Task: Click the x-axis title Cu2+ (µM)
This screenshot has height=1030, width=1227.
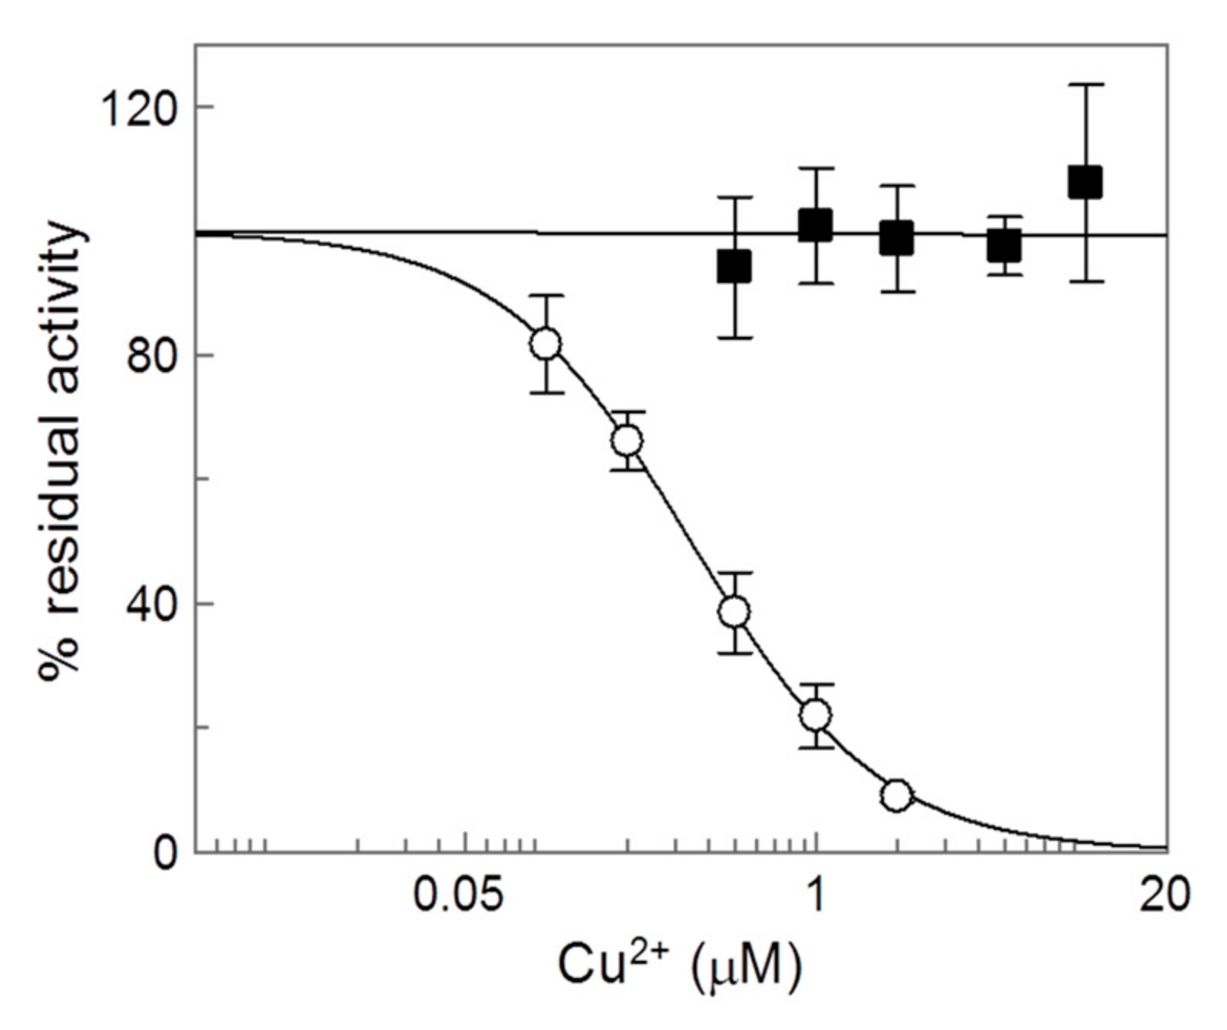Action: pyautogui.click(x=678, y=966)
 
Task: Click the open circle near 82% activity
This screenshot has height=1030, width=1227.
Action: pyautogui.click(x=545, y=344)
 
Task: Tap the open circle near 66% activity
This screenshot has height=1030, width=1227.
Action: pyautogui.click(x=627, y=441)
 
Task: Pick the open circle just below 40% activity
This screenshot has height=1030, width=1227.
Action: pyautogui.click(x=734, y=612)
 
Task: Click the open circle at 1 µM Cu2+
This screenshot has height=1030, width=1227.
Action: pyautogui.click(x=816, y=716)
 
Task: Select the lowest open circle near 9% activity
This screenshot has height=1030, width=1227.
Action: pyautogui.click(x=896, y=796)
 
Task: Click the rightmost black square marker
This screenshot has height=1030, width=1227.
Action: pyautogui.click(x=1085, y=183)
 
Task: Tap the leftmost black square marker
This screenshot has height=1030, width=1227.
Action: pyautogui.click(x=734, y=267)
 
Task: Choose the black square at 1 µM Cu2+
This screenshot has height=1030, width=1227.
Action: pyautogui.click(x=816, y=225)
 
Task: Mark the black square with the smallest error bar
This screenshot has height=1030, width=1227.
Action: pyautogui.click(x=1003, y=246)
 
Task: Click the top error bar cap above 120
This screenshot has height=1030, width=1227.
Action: pyautogui.click(x=1085, y=85)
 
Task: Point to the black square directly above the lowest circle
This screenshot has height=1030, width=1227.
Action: pyautogui.click(x=896, y=238)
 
